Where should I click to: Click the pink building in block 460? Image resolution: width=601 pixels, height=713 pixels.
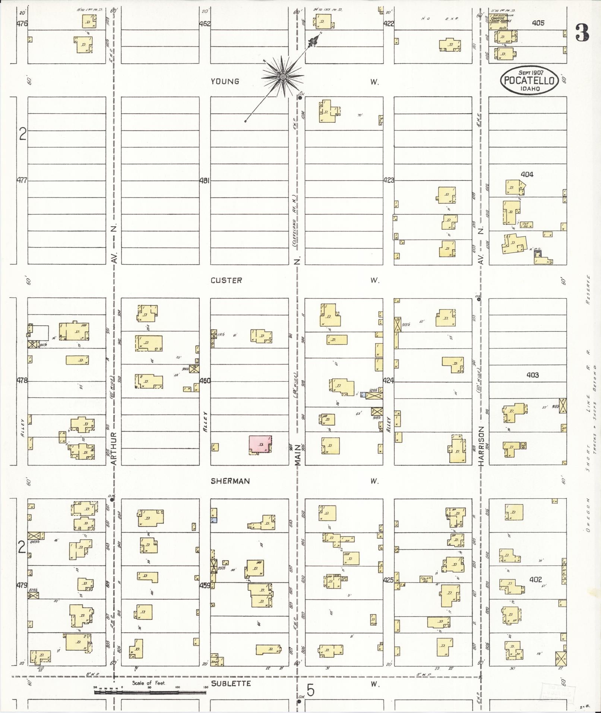[x=260, y=445]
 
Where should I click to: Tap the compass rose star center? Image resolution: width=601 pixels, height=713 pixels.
[x=283, y=77]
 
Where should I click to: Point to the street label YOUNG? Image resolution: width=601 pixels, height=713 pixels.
[x=225, y=81]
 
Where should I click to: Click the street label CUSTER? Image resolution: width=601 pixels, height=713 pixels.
[x=226, y=280]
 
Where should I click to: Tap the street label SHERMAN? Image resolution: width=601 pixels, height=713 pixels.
[x=230, y=481]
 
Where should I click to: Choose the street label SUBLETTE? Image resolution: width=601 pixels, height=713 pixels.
[x=231, y=683]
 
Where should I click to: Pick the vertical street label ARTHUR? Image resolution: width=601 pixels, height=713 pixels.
[x=114, y=448]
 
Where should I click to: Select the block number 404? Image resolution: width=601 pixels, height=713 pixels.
[x=527, y=174]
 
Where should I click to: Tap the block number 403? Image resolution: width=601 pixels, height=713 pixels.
[x=532, y=375]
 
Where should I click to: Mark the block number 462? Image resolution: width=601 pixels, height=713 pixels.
[x=205, y=23]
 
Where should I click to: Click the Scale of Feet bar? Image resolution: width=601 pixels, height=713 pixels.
[x=150, y=692]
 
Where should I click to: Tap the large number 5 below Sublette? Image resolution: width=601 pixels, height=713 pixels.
[x=310, y=690]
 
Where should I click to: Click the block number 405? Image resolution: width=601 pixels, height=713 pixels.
[x=538, y=23]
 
